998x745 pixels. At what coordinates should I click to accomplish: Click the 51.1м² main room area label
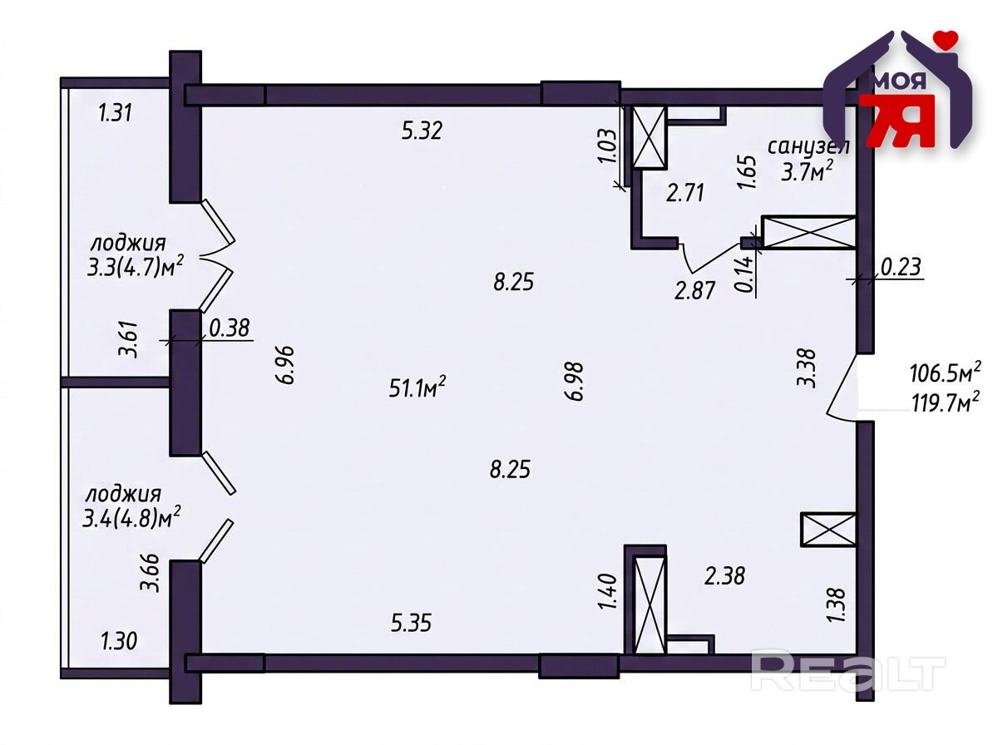[x=417, y=387]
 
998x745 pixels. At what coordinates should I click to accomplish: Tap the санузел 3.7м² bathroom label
[x=808, y=160]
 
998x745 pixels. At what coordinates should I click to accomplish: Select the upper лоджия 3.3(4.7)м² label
[x=135, y=256]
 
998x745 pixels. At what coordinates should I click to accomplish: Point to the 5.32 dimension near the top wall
[x=422, y=131]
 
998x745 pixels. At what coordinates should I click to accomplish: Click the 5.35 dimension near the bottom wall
[x=412, y=623]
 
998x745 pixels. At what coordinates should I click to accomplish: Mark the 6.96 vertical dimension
[x=286, y=366]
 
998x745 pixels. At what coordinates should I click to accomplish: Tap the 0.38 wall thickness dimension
[x=230, y=328]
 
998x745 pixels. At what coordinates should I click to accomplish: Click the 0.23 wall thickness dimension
[x=902, y=267]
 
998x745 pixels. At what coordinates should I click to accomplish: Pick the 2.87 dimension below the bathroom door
[x=694, y=290]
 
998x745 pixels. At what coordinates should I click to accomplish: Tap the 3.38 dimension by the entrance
[x=807, y=368]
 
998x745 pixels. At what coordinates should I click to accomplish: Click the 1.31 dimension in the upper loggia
[x=116, y=113]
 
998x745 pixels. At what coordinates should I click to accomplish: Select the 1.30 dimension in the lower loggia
[x=119, y=641]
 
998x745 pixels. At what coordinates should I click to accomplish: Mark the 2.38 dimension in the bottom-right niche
[x=724, y=576]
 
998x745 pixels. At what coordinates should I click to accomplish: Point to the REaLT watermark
[x=847, y=669]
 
